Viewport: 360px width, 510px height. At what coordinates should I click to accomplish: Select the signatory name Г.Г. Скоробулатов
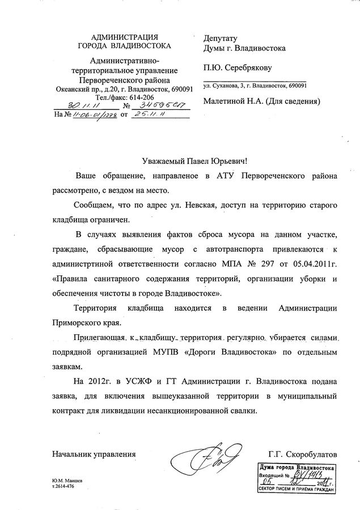coord(303,454)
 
